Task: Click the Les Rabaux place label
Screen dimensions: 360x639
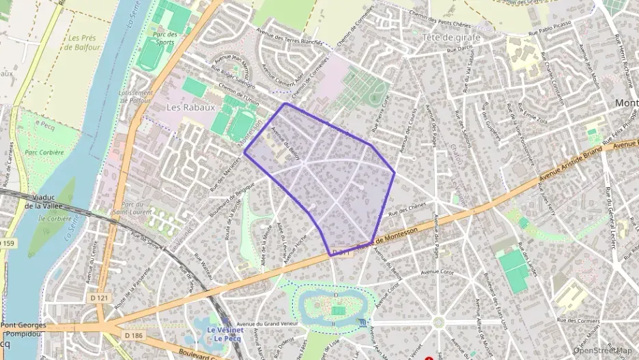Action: [190, 107]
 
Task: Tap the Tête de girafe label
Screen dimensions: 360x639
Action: [451, 37]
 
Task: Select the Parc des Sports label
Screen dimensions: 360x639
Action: [165, 38]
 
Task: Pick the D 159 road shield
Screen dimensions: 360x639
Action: [6, 243]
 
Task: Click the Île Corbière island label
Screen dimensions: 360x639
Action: [57, 219]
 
